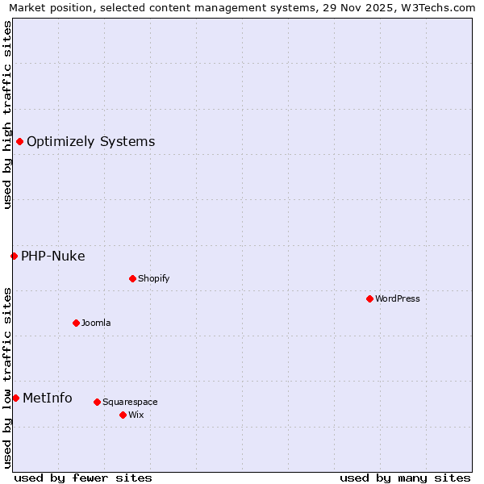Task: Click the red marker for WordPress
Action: point(369,298)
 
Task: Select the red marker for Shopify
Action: point(132,278)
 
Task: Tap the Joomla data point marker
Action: point(76,323)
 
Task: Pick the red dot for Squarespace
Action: point(97,402)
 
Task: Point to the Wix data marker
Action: point(123,415)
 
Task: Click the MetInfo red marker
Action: point(15,398)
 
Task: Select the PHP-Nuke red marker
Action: point(14,256)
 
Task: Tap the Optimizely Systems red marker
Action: point(19,142)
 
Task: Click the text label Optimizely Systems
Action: point(90,142)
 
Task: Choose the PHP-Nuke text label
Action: point(52,257)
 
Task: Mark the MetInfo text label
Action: point(47,398)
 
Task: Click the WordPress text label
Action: point(398,298)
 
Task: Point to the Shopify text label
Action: point(153,278)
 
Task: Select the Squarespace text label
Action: point(130,402)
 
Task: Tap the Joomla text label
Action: point(96,323)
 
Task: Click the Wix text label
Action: point(136,415)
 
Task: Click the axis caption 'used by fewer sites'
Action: point(83,478)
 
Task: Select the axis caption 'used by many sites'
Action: point(405,478)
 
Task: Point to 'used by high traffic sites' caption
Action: point(7,115)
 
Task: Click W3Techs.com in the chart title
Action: point(439,7)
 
